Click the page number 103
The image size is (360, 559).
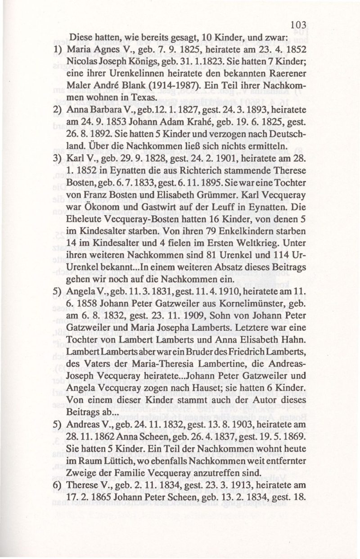pos(298,24)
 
